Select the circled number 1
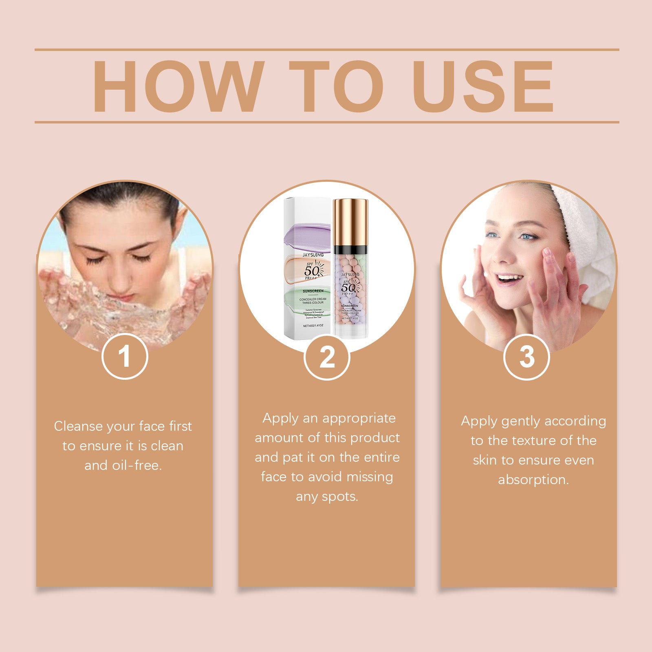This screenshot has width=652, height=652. coord(124,357)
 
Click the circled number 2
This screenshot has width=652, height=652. coord(327,357)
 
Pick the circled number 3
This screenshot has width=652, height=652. coord(526,357)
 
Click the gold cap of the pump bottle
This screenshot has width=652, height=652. coord(350,222)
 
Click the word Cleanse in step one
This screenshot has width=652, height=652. coord(78,426)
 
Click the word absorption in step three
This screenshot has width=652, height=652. coord(533,480)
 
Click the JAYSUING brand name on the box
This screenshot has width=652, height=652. coord(313,255)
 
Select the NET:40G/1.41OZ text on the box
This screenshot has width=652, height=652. coord(313,326)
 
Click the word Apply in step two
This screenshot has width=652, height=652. coord(280,418)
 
